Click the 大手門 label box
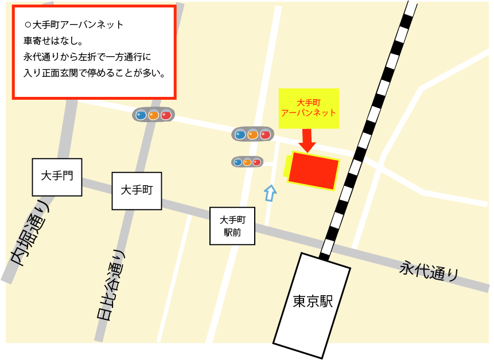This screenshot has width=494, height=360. tap(57, 177)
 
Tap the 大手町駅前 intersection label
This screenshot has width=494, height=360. tap(232, 226)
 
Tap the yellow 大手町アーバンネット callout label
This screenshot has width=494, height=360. tap(308, 108)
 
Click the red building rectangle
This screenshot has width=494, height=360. tap(313, 170)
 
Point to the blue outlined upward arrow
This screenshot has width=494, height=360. tap(270, 193)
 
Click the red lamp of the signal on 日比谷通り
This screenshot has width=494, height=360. tap(166, 115)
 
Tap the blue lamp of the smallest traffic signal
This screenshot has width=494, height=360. tap(237, 162)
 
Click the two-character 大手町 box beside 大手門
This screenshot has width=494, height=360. tap(137, 190)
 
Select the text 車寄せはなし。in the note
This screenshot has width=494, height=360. tap(53, 41)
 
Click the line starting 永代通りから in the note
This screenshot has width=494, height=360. tap(87, 57)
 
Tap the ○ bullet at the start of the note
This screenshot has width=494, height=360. tap(28, 26)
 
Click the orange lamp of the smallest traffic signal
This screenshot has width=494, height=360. tap(247, 162)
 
